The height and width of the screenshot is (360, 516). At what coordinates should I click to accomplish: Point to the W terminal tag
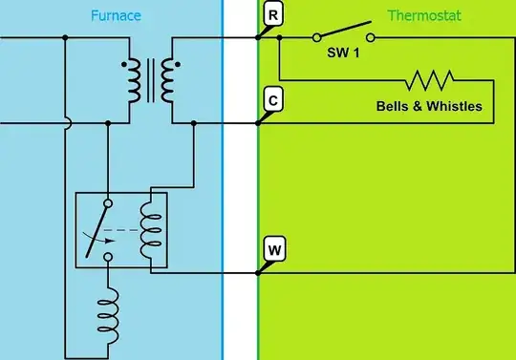(x=273, y=250)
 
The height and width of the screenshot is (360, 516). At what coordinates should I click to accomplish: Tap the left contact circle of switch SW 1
(x=315, y=38)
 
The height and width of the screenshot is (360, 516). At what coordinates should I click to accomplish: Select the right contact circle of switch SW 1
(x=370, y=38)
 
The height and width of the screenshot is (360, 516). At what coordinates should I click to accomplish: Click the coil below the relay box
(x=108, y=311)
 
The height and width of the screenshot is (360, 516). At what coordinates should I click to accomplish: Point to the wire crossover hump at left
(x=65, y=123)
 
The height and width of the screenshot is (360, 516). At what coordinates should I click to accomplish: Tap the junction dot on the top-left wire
(x=65, y=38)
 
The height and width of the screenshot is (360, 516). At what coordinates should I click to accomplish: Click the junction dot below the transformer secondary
(x=194, y=123)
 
